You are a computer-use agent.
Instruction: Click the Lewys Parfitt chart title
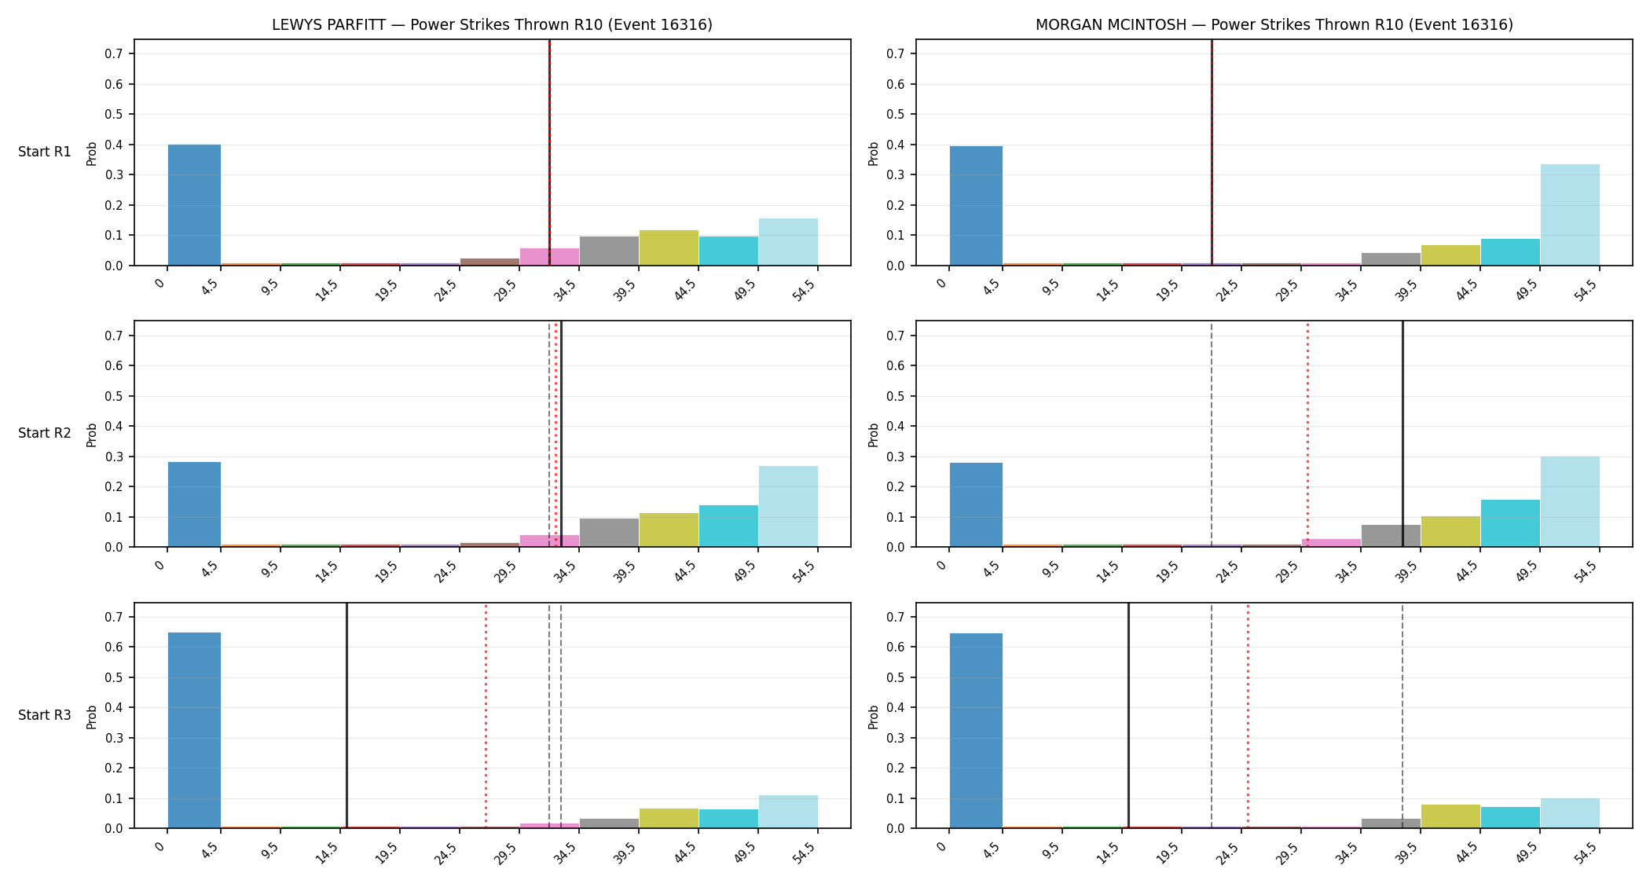492,24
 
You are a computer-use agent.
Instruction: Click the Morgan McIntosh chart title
1274,24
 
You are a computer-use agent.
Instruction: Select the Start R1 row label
45,152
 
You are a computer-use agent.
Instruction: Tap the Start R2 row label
45,433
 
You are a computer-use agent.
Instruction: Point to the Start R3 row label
45,715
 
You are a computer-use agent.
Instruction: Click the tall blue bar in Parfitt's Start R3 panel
194,730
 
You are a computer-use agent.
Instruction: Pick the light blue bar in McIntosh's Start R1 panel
1570,215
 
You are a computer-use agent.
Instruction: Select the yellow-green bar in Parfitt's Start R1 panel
669,248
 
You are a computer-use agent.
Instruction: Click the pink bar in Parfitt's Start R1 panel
549,257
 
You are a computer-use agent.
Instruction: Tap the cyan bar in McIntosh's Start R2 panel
1510,523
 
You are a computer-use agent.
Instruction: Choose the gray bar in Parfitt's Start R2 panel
609,533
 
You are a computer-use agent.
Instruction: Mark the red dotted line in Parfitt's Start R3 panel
486,716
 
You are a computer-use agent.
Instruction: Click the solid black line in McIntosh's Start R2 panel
1402,434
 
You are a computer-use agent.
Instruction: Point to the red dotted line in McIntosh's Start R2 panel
1307,434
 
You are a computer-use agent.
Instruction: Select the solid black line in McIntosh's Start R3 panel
1128,716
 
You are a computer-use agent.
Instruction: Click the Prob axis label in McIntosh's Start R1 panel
873,153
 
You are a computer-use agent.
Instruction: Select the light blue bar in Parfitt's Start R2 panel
788,507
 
